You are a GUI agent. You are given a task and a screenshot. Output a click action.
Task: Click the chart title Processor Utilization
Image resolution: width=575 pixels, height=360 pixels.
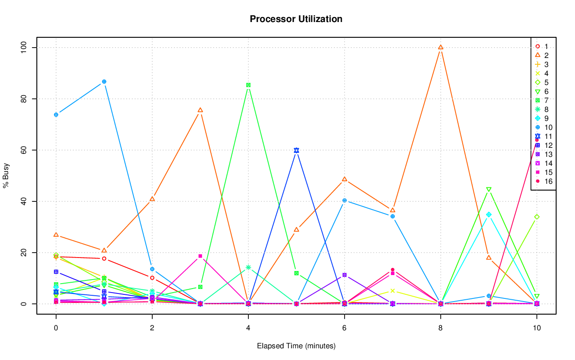click(x=296, y=19)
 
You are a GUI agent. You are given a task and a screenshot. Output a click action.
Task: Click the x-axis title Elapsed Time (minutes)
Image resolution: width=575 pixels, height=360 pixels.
click(x=296, y=346)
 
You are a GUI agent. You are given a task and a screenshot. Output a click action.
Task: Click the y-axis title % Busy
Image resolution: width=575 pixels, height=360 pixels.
click(x=6, y=175)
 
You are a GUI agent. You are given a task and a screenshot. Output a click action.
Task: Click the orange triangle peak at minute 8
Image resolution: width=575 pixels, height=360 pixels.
click(x=441, y=47)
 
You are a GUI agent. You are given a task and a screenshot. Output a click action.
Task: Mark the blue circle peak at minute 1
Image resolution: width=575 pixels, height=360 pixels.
click(x=104, y=81)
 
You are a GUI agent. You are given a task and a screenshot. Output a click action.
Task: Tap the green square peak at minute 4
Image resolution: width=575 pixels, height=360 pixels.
click(x=248, y=85)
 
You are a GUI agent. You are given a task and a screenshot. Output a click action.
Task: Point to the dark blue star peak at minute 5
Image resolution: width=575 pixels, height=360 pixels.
click(x=296, y=150)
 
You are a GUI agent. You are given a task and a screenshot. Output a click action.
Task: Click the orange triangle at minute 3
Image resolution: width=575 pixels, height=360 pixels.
click(x=200, y=110)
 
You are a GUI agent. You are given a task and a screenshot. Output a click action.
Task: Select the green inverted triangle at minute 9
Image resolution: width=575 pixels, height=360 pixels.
click(x=489, y=190)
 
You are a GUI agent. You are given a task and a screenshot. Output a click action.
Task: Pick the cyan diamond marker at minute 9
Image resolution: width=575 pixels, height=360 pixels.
click(x=489, y=214)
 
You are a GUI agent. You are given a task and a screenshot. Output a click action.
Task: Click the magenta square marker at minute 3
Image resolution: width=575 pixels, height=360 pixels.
click(x=200, y=256)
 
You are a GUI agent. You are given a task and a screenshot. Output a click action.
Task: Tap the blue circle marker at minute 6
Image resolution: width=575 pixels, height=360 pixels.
click(x=345, y=200)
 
